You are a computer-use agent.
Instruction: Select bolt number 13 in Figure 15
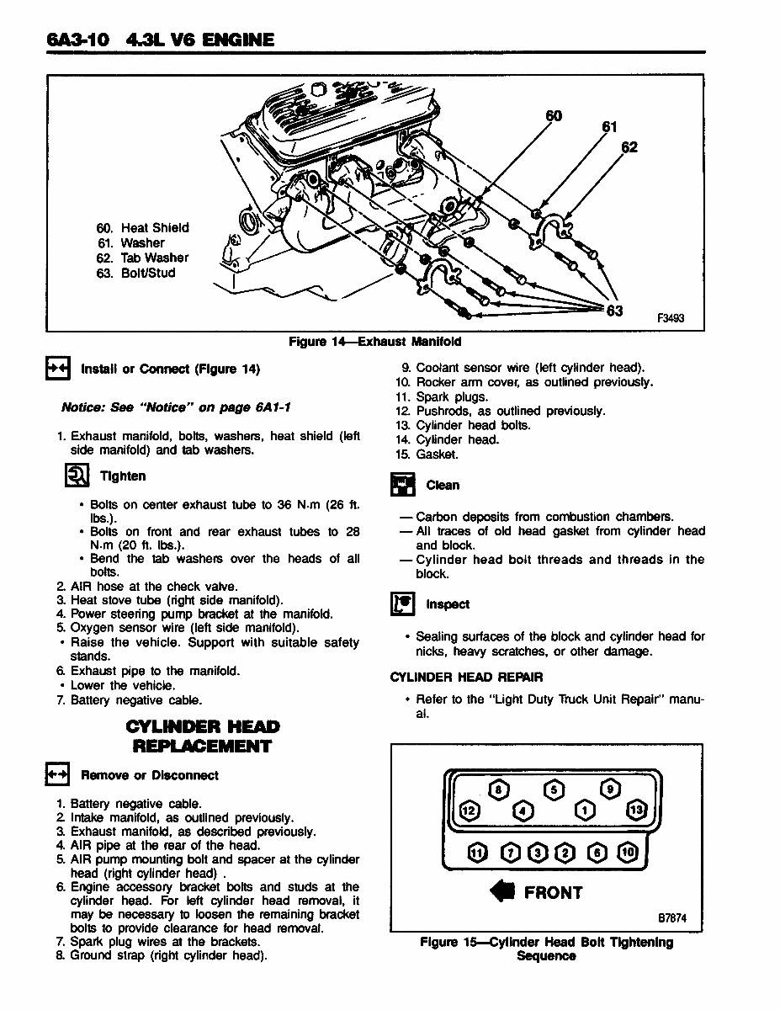pyautogui.click(x=635, y=810)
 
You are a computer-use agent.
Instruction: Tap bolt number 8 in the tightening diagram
pyautogui.click(x=500, y=789)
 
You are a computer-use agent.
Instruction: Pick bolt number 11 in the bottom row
pyautogui.click(x=477, y=852)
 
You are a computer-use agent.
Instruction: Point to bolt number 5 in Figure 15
pyautogui.click(x=554, y=789)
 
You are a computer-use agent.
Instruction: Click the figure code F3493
pyautogui.click(x=671, y=318)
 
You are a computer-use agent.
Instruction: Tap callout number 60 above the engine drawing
pyautogui.click(x=554, y=115)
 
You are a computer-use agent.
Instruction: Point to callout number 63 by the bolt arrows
pyautogui.click(x=615, y=311)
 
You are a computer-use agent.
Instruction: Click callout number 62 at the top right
pyautogui.click(x=629, y=147)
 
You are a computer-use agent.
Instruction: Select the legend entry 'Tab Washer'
pyautogui.click(x=142, y=258)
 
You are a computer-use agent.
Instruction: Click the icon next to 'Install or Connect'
pyautogui.click(x=56, y=369)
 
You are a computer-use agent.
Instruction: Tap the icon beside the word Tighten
pyautogui.click(x=77, y=476)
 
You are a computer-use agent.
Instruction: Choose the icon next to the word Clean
pyautogui.click(x=402, y=486)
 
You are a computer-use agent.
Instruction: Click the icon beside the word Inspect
pyautogui.click(x=402, y=604)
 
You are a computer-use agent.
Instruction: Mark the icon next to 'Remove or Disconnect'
pyautogui.click(x=56, y=775)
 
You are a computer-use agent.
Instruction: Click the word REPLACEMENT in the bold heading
pyautogui.click(x=202, y=747)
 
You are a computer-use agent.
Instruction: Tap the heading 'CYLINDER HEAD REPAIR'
pyautogui.click(x=466, y=677)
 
